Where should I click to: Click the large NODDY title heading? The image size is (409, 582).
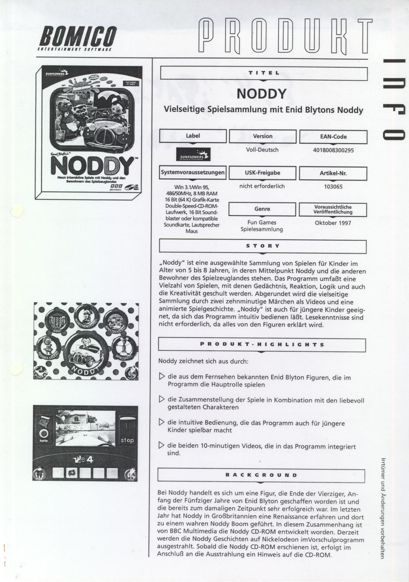[261, 94]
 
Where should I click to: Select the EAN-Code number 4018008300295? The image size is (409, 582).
[333, 150]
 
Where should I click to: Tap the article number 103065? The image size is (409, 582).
[333, 187]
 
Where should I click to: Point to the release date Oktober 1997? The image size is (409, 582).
[333, 223]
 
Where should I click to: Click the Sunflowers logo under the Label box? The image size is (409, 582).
[193, 154]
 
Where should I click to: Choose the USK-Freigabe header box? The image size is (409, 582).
[262, 173]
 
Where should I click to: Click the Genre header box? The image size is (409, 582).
[262, 209]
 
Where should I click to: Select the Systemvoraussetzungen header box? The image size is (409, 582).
[193, 173]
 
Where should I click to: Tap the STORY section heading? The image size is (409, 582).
[263, 246]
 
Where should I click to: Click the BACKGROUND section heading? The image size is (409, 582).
[261, 475]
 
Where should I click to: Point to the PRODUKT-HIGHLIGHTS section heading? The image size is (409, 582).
[262, 344]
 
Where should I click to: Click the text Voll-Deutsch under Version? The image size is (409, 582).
[262, 150]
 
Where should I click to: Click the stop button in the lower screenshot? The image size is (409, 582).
[127, 440]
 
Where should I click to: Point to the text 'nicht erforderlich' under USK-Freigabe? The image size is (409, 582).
[262, 186]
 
